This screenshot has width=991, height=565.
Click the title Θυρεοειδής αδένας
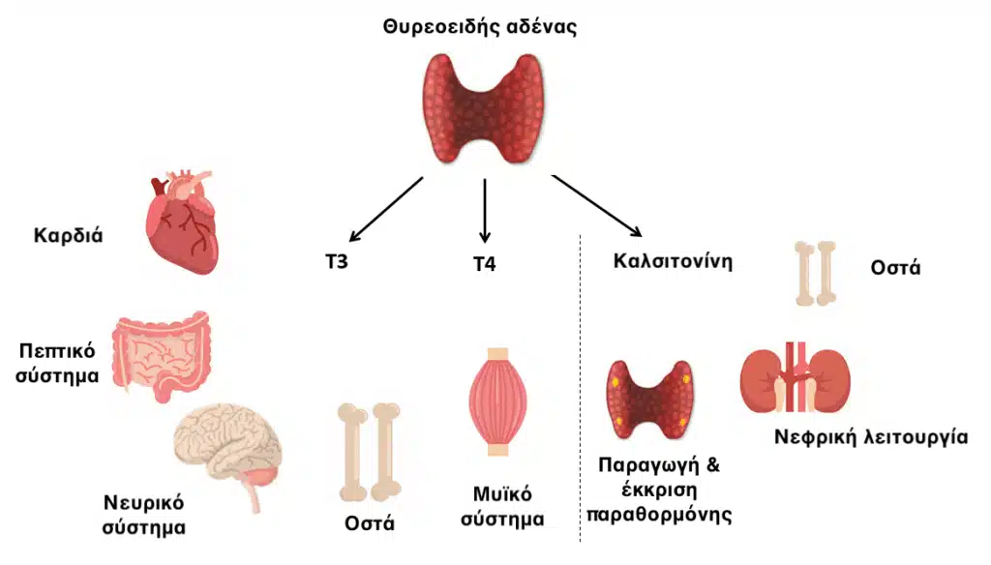480,28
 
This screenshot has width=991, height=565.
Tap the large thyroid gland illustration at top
484,108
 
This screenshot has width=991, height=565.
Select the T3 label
337,261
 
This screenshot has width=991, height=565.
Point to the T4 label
485,263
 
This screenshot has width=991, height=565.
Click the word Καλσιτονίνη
674,261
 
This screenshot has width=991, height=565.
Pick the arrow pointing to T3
386,209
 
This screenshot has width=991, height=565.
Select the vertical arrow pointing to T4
485,211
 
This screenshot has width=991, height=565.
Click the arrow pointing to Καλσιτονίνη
597,206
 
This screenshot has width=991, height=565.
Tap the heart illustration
182,223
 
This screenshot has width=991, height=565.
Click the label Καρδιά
69,236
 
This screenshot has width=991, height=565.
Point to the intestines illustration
161,356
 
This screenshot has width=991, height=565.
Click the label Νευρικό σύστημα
144,515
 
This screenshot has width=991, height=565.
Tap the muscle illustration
498,401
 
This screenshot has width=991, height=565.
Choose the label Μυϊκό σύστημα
502,506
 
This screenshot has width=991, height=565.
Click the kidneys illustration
796,378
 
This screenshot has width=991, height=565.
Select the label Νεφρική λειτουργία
871,436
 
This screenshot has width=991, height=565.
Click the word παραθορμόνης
659,515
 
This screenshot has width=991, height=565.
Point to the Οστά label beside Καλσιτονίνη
895,268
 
